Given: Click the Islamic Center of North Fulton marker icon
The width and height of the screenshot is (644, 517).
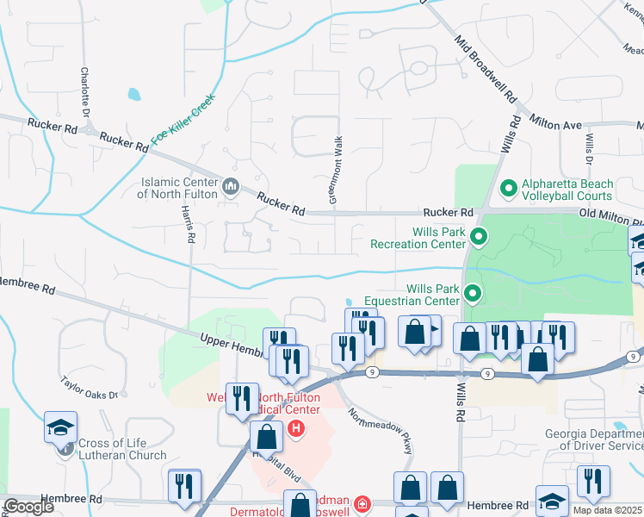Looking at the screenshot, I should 230,186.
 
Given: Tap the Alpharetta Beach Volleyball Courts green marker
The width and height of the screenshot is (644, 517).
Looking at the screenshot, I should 508,186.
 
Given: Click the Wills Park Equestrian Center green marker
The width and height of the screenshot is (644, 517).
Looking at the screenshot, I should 472,294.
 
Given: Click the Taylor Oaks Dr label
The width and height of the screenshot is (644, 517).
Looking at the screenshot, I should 89,386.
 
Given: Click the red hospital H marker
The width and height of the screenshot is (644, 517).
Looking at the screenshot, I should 296,427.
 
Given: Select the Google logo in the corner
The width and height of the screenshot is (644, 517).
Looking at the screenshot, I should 28,506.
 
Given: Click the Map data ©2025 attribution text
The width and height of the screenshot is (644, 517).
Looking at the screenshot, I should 606,510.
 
